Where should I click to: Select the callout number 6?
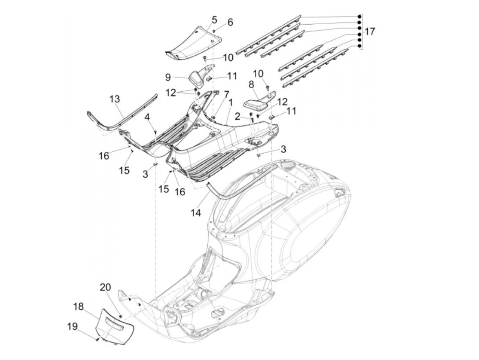click(230, 22)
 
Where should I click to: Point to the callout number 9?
click(168, 77)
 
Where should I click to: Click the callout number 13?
click(115, 99)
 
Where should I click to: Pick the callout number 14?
click(195, 212)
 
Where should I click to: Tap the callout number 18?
click(78, 306)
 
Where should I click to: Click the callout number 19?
click(72, 326)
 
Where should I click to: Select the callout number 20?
click(105, 287)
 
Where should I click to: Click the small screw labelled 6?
click(214, 31)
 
